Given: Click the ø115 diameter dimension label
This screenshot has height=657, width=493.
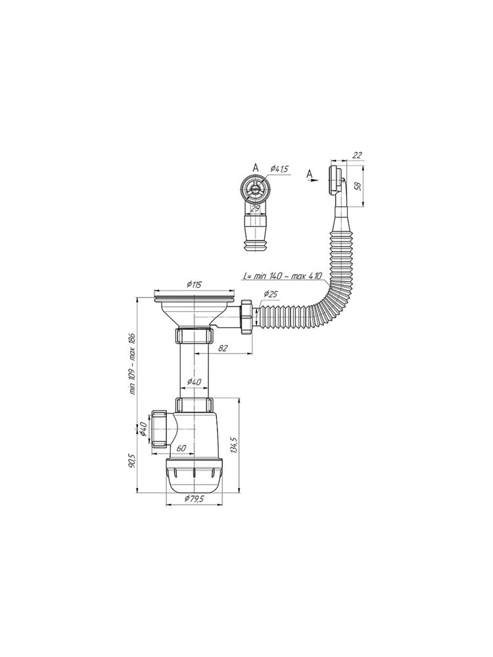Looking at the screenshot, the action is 194,284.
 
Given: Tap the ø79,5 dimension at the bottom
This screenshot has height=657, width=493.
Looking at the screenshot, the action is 194,499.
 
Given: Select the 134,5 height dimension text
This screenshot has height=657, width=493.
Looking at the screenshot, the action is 235,443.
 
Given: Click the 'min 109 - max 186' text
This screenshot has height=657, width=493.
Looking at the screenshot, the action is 132,365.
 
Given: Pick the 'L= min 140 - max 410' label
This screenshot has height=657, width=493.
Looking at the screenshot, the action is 282,276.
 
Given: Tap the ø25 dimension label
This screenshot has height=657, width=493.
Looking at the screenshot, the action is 271,294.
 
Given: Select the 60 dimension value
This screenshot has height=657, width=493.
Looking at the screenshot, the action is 181,448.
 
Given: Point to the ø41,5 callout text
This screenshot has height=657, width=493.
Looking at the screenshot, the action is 279,168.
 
